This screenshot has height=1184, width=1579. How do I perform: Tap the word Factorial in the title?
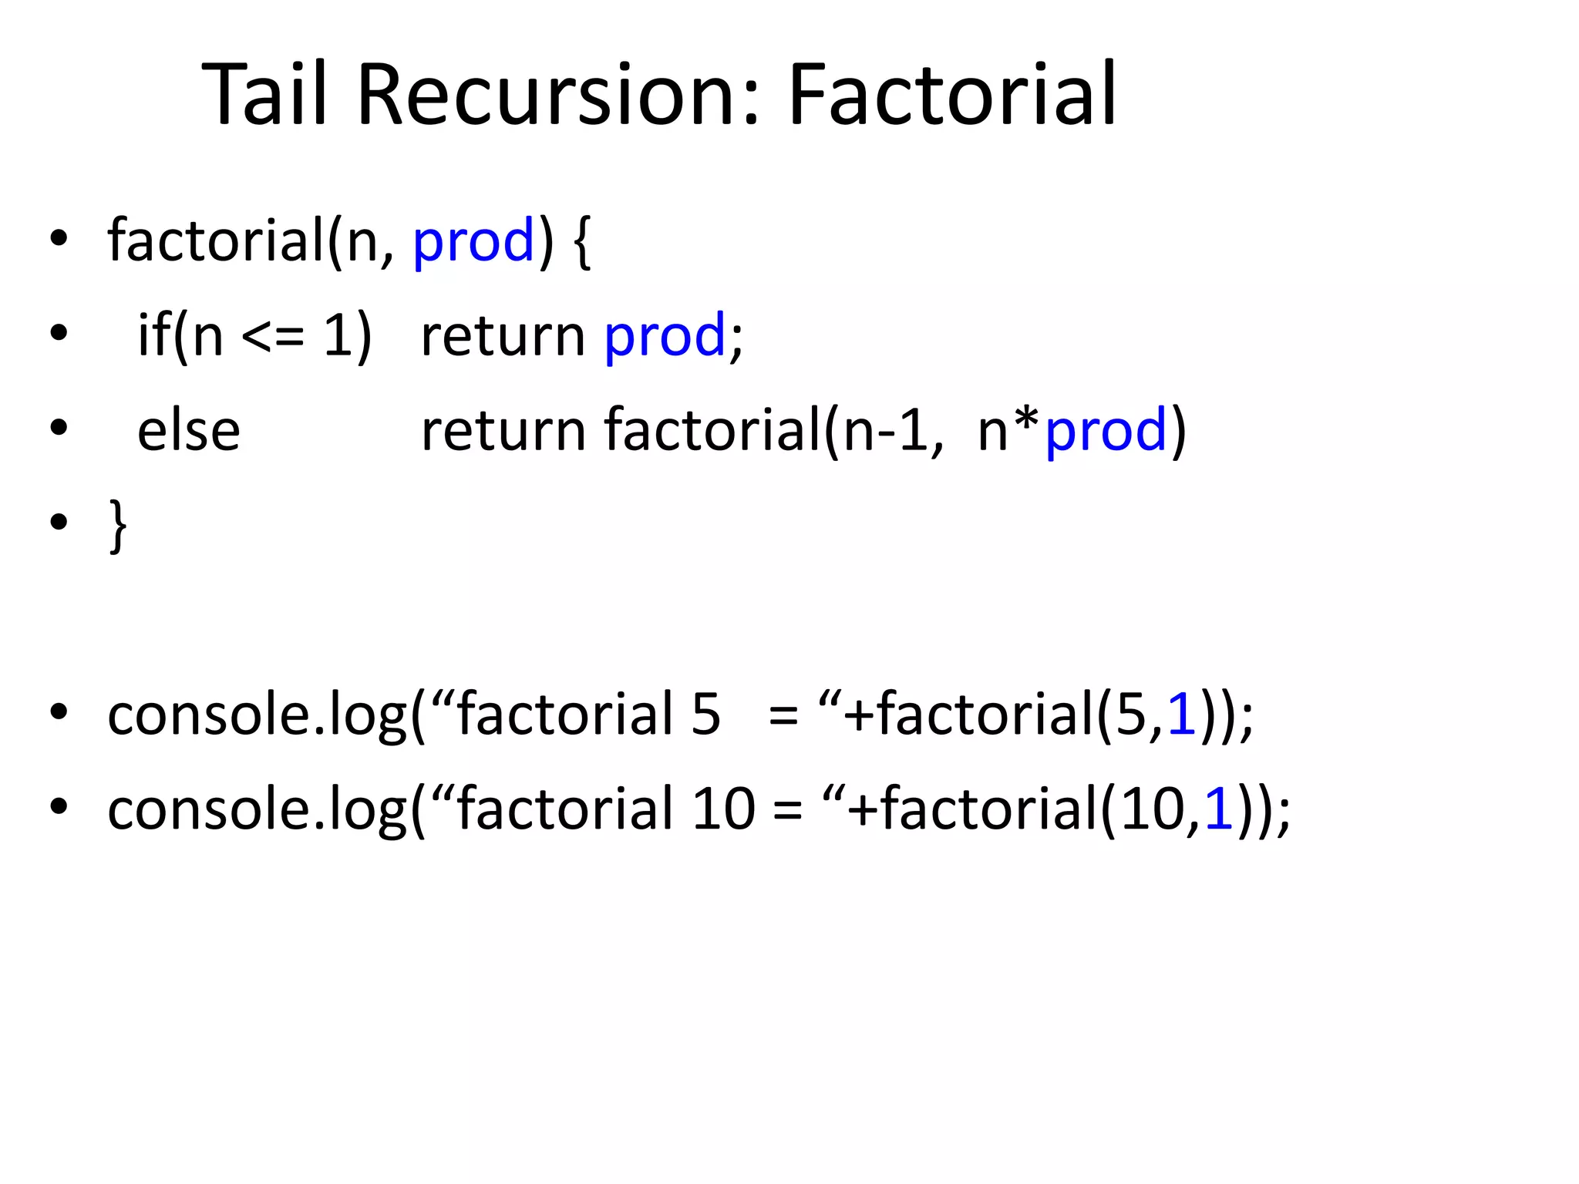952,94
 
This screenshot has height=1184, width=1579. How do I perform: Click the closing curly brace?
118,526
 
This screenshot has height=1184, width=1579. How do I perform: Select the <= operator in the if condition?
273,337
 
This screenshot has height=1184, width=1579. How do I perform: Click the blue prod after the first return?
665,337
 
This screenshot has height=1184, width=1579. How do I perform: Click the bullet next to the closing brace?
59,522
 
